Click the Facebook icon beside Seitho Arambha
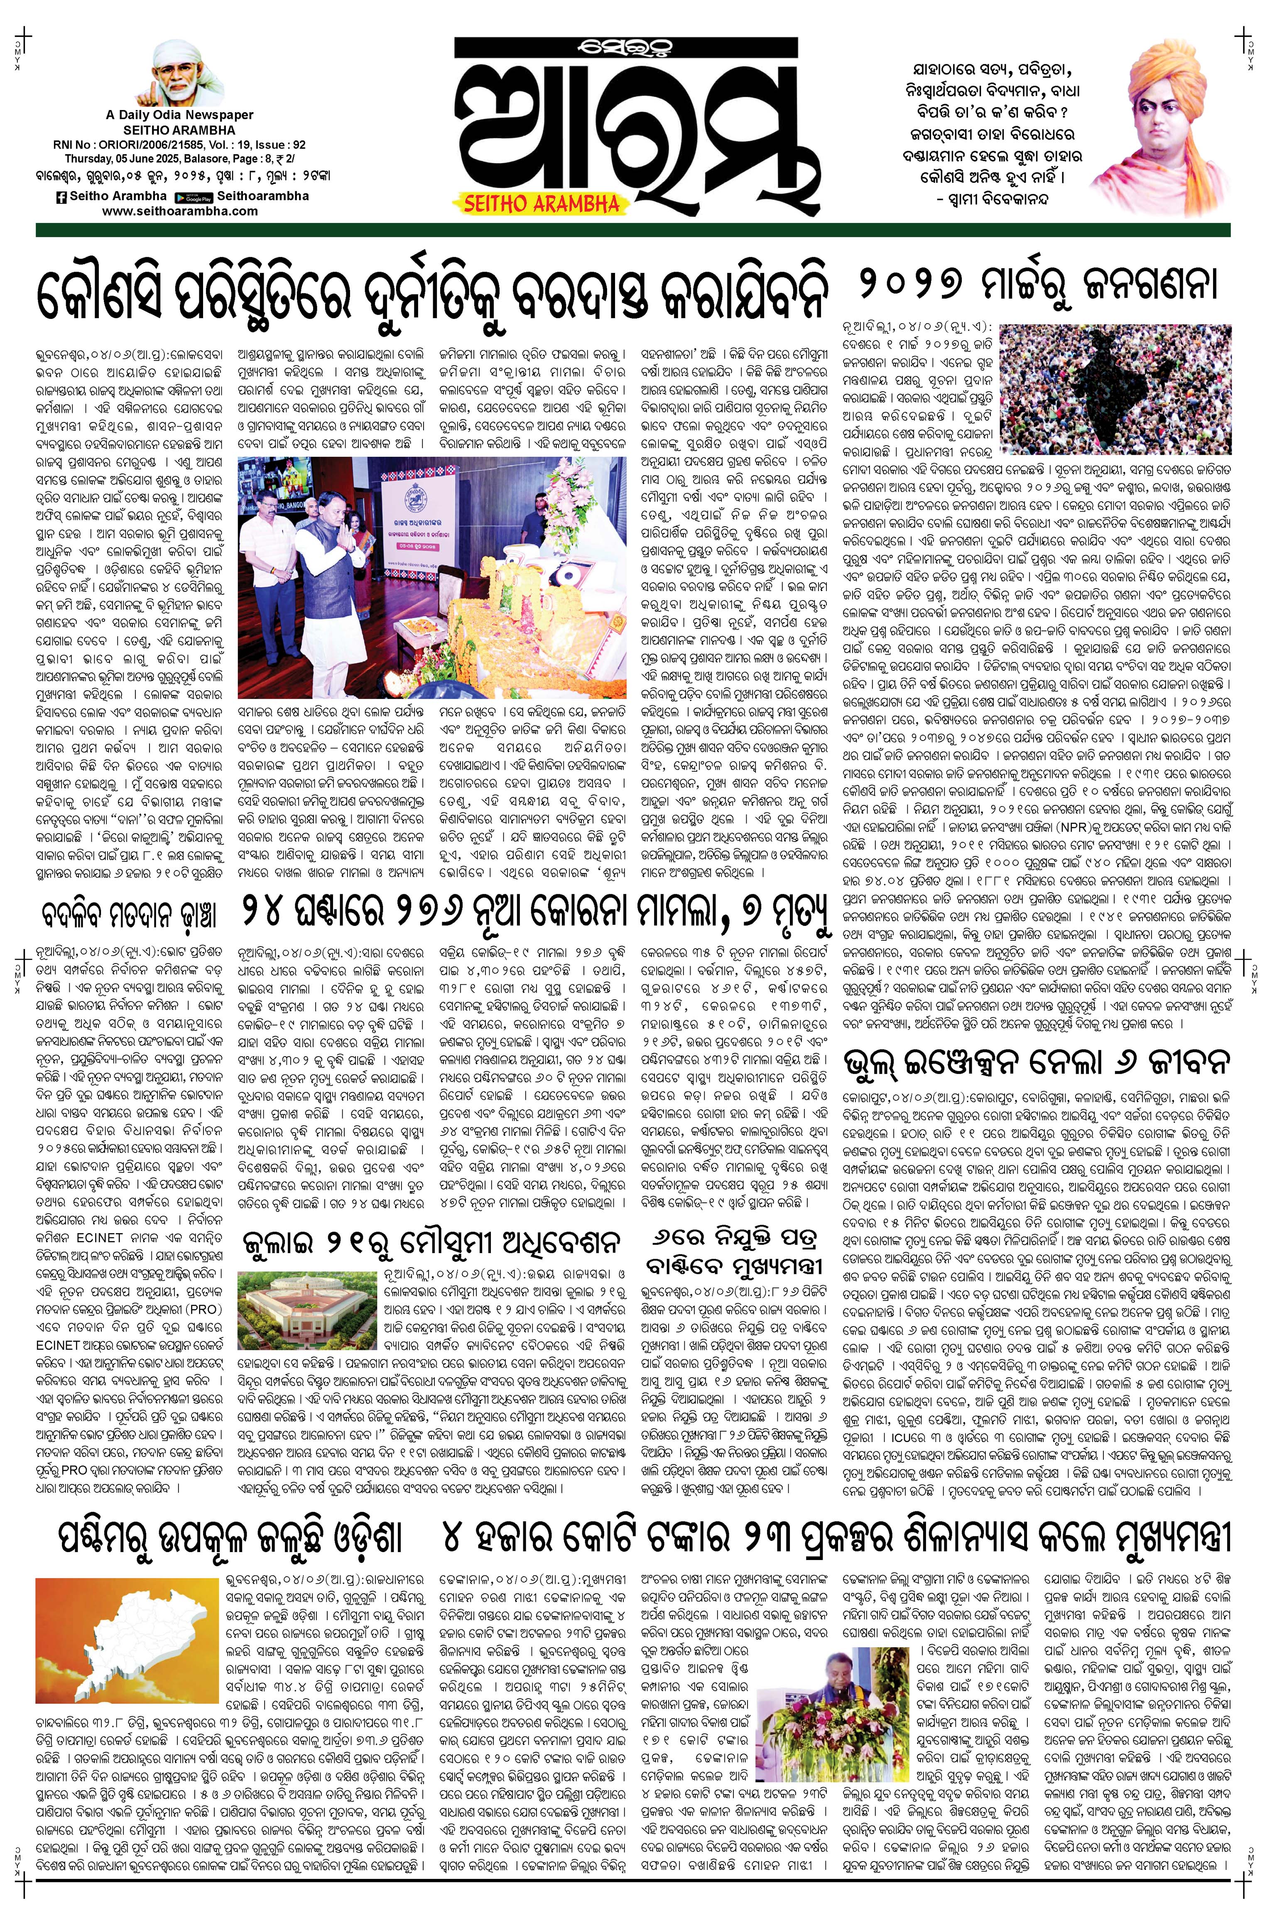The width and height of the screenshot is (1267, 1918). pyautogui.click(x=61, y=196)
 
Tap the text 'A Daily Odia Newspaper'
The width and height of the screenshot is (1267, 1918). pyautogui.click(x=179, y=115)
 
